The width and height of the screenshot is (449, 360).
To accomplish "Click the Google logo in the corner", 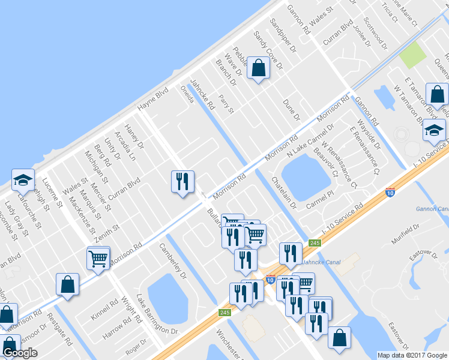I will (20, 353).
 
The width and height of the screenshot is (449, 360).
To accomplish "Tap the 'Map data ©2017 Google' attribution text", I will (412, 355).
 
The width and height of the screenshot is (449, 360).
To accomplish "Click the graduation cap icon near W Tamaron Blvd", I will (433, 130).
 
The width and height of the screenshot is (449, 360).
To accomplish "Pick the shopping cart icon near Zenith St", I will (98, 259).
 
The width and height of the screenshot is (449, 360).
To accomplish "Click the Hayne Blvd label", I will (152, 100).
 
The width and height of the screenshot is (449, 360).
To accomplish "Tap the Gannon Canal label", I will (431, 209).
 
